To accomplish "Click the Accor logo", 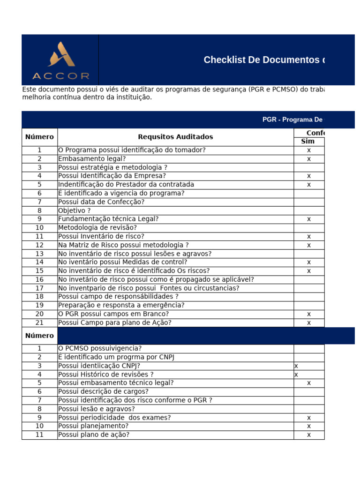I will click(x=60, y=60).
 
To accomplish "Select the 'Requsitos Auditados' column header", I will click(x=175, y=137).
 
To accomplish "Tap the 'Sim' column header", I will click(x=307, y=142).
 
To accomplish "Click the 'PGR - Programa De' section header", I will click(x=292, y=120).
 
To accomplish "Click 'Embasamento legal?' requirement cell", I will click(x=92, y=159).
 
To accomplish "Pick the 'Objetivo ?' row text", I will click(x=75, y=210).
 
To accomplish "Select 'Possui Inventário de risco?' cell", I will click(x=101, y=236).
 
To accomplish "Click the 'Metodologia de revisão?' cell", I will click(x=97, y=228).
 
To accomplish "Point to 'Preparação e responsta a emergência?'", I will click(x=121, y=305).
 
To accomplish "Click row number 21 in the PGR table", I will click(x=39, y=322).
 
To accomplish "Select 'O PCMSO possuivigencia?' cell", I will click(x=100, y=348).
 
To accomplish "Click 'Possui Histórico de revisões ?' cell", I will click(x=106, y=375).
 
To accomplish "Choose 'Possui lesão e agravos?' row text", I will click(x=97, y=409).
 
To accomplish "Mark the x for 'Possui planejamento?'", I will click(x=309, y=426).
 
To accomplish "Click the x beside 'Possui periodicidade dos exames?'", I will click(x=309, y=418).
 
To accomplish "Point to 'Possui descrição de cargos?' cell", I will click(x=103, y=391).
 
